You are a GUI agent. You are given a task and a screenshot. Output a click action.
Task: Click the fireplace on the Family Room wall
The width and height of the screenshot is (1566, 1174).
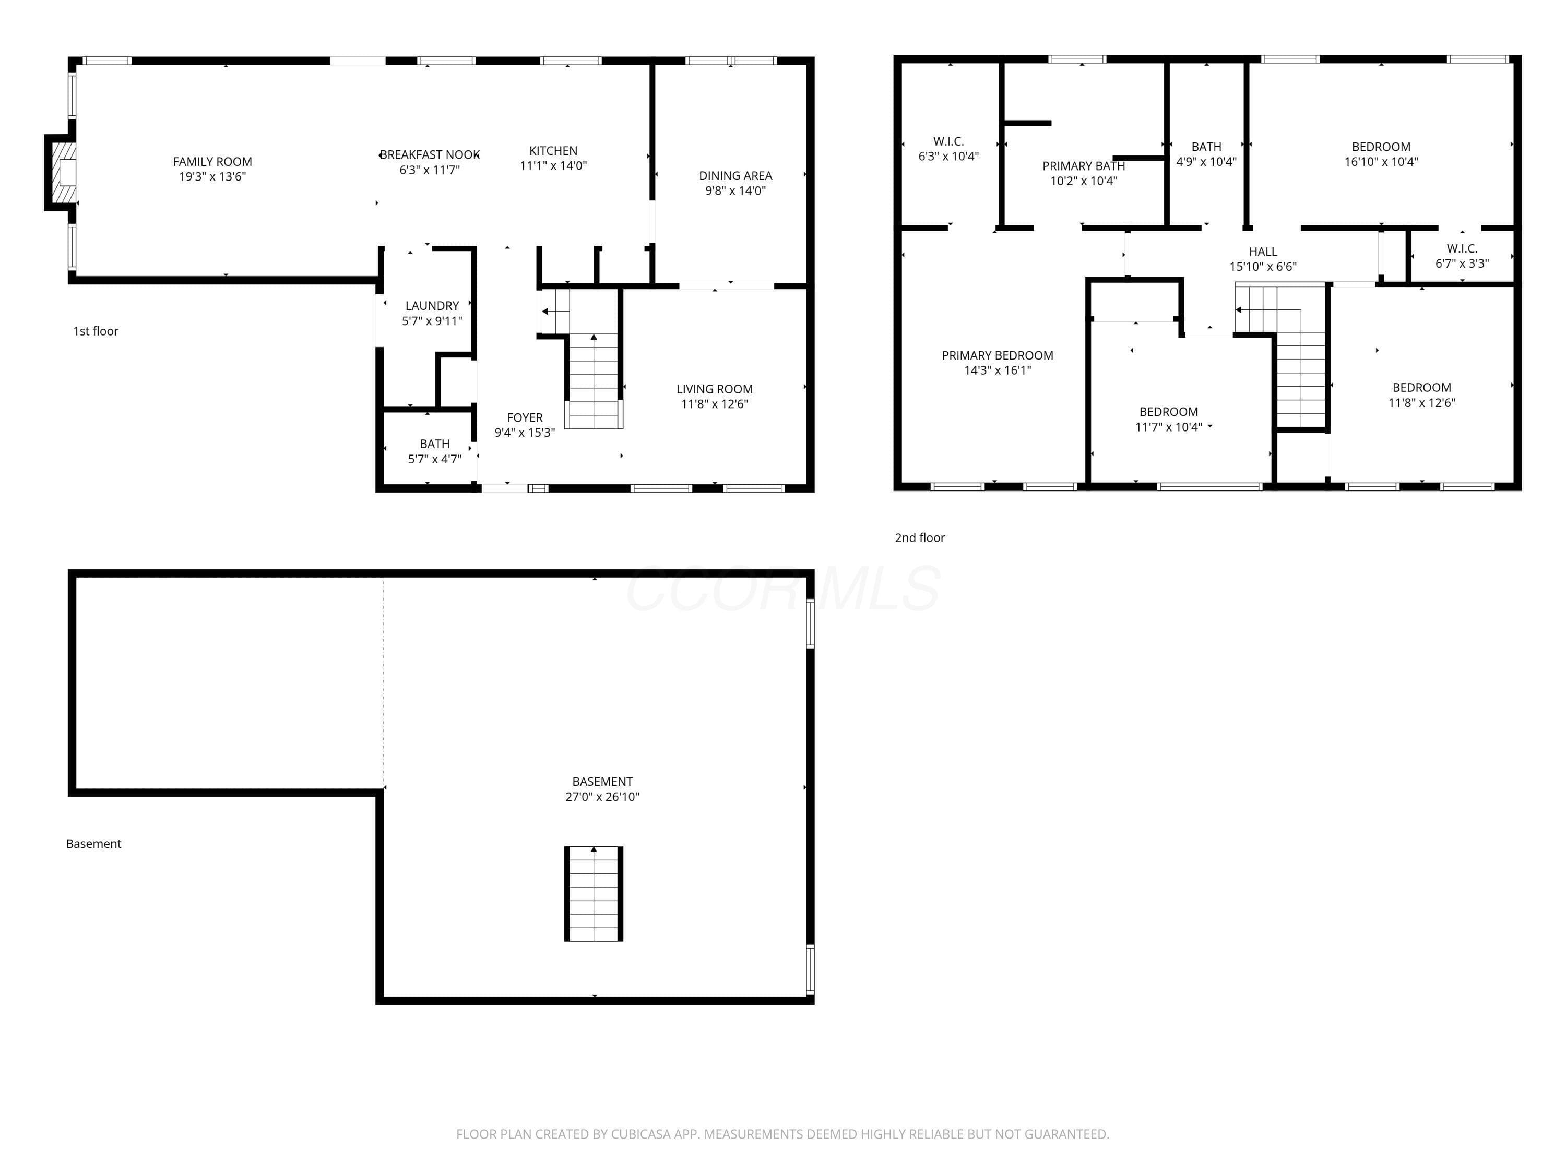(61, 173)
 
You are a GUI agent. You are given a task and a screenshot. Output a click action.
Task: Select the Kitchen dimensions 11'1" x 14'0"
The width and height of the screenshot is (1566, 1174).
(554, 165)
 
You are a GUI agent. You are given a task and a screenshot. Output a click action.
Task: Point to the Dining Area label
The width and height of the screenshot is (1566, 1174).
(735, 175)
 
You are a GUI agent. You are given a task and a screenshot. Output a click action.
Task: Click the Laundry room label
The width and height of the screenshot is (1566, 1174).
(432, 306)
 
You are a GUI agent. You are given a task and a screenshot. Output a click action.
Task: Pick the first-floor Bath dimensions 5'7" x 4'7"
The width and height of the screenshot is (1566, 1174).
(435, 459)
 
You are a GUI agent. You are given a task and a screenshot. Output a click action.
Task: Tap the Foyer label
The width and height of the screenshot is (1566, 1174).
(525, 417)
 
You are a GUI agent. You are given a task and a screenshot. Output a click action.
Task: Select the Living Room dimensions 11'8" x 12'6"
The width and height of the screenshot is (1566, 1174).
(714, 404)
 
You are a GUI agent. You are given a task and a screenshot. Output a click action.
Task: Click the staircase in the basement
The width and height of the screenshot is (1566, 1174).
(594, 894)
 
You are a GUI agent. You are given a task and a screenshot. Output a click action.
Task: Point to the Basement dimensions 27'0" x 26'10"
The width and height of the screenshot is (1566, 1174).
(602, 797)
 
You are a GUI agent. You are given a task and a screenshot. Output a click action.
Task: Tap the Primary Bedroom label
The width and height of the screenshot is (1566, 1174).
(998, 355)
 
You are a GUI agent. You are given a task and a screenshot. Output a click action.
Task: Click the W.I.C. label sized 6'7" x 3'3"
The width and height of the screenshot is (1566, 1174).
(1462, 248)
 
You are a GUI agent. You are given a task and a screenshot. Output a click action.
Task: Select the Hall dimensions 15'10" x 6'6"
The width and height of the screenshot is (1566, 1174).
(1263, 267)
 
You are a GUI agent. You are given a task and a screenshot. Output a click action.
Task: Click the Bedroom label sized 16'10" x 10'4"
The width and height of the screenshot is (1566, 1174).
(1381, 147)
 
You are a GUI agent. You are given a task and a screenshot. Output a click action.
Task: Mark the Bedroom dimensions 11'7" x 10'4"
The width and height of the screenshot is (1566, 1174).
(1169, 427)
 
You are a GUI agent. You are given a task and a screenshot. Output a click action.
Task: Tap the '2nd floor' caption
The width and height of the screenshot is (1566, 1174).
(920, 538)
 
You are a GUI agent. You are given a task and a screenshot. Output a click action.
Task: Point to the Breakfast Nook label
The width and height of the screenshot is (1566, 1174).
(430, 155)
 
